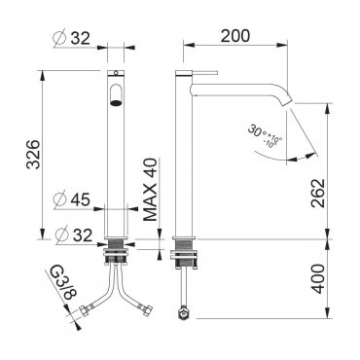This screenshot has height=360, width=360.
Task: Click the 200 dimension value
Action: click(235, 36)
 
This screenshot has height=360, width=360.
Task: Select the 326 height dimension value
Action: click(33, 155)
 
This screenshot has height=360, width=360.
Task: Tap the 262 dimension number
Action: click(318, 193)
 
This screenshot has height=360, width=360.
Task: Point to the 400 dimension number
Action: click(318, 279)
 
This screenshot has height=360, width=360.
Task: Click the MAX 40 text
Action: click(150, 190)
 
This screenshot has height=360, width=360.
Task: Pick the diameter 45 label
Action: click(72, 199)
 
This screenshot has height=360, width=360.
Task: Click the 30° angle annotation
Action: click(265, 135)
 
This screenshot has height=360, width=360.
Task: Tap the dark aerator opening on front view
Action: click(116, 103)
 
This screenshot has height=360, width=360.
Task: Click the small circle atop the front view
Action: click(116, 72)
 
